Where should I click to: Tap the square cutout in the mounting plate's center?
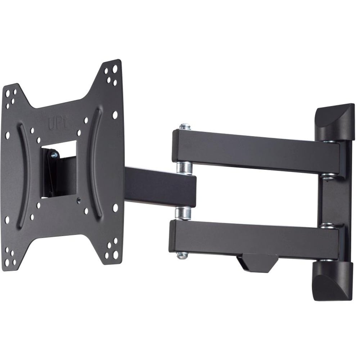59,169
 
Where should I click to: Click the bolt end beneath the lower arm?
182,256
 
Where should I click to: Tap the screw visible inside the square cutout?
54,155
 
